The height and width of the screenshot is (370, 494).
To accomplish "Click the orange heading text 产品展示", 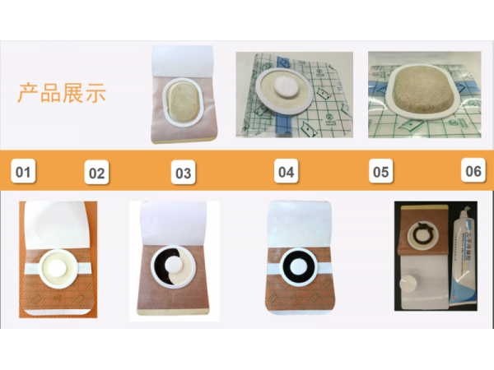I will (x=62, y=92).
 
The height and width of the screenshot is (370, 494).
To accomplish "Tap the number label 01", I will (x=24, y=173).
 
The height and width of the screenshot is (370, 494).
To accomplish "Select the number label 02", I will (x=97, y=173).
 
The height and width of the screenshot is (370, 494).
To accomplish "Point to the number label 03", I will (x=183, y=173).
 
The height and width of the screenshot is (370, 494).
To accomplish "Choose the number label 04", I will (x=286, y=173).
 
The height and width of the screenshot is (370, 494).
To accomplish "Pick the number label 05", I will (x=380, y=173).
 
